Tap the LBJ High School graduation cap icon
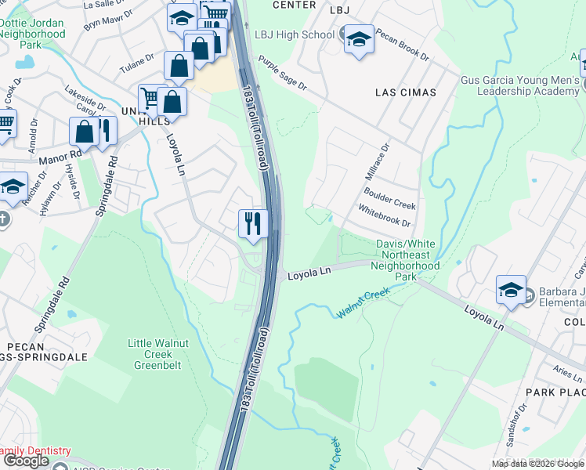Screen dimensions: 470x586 [x=358, y=38]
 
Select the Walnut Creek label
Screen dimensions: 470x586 [x=363, y=304]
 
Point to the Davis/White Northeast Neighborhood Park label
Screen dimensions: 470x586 [x=407, y=260]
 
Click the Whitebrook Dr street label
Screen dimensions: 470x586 [x=384, y=217]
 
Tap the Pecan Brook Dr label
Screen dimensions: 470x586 [x=403, y=45]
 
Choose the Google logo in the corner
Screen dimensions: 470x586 [x=27, y=461]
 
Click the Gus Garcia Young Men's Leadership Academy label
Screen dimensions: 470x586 [x=519, y=86]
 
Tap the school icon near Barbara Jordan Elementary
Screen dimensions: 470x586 [x=511, y=290]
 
